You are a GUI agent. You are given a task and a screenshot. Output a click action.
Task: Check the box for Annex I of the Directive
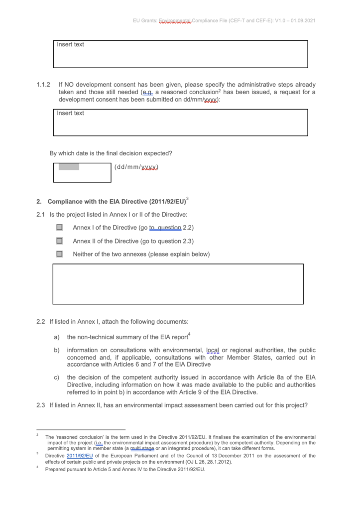[60, 228]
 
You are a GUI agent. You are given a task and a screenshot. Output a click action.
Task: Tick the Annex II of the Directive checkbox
[60, 241]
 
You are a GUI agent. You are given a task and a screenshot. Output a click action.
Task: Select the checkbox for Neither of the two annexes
[60, 254]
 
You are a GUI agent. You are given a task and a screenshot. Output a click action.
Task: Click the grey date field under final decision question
[69, 167]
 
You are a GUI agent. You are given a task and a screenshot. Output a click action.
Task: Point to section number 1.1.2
[43, 85]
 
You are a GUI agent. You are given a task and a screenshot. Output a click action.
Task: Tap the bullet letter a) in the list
[57, 338]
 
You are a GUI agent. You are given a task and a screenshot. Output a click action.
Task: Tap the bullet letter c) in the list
[57, 377]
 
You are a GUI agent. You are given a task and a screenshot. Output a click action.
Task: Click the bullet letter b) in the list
[57, 351]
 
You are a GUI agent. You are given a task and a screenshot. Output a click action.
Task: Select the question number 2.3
[41, 405]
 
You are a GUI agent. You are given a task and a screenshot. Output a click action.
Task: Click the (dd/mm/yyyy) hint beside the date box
[136, 167]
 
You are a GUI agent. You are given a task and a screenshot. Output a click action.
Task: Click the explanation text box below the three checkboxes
[178, 284]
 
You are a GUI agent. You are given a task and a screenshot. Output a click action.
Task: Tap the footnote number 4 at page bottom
[37, 468]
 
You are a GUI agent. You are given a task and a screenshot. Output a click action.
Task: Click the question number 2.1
[41, 215]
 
